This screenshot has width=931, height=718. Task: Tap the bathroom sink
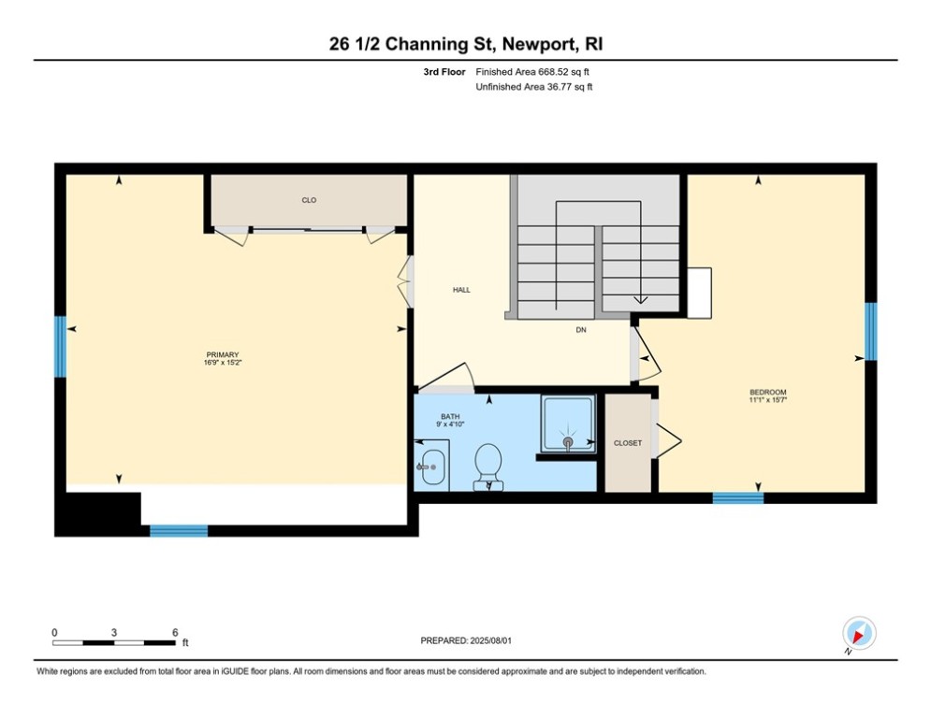pyautogui.click(x=431, y=466)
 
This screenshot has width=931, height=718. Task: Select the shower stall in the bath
pyautogui.click(x=568, y=424)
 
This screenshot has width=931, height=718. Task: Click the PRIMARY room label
pyautogui.click(x=223, y=354)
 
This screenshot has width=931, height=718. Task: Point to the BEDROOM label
pyautogui.click(x=767, y=392)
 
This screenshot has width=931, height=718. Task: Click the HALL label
pyautogui.click(x=461, y=290)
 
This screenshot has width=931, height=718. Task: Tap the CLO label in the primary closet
pyautogui.click(x=309, y=200)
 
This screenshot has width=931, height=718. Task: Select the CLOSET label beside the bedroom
pyautogui.click(x=628, y=443)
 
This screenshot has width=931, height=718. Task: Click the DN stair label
pyautogui.click(x=582, y=330)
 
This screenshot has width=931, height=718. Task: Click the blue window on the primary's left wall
pyautogui.click(x=60, y=346)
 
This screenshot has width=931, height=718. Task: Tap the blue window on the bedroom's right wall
pyautogui.click(x=870, y=331)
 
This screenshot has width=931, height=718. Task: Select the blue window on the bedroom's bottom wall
pyautogui.click(x=738, y=498)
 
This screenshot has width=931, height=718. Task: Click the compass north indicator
pyautogui.click(x=858, y=633)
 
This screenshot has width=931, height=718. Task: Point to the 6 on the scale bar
pyautogui.click(x=175, y=632)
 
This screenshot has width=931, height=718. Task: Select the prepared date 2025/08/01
pyautogui.click(x=468, y=640)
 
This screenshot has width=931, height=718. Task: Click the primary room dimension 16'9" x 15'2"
pyautogui.click(x=223, y=363)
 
